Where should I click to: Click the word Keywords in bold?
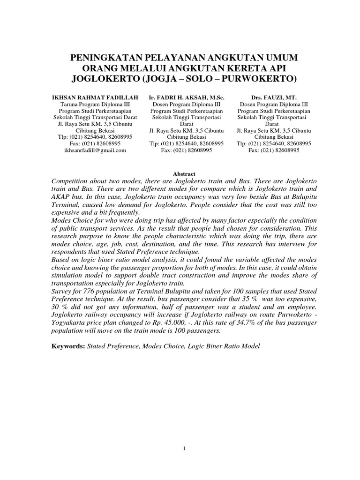tap(67, 346)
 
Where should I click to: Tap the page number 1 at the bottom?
tap(185, 449)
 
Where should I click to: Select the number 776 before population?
tap(86, 291)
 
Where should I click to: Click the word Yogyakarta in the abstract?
tap(70, 322)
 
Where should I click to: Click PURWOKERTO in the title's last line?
tap(256, 77)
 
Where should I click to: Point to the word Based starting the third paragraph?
tap(60, 259)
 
